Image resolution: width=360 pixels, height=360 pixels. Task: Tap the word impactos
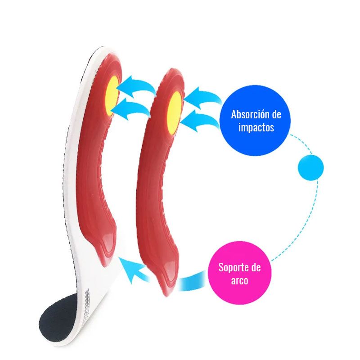coord(256,127)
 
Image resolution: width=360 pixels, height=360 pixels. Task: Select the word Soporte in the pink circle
coord(232,267)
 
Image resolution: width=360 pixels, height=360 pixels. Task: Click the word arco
coord(239,280)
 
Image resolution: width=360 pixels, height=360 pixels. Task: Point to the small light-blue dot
coord(310,167)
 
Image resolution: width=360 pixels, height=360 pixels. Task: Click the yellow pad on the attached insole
coord(112,96)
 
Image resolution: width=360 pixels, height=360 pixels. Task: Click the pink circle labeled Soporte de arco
coord(240,273)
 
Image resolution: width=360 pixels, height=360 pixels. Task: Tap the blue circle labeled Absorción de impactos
coord(255,121)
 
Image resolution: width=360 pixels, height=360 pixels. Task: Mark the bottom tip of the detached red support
coord(167,296)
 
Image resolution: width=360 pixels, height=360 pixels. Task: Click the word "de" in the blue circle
coord(276,114)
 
